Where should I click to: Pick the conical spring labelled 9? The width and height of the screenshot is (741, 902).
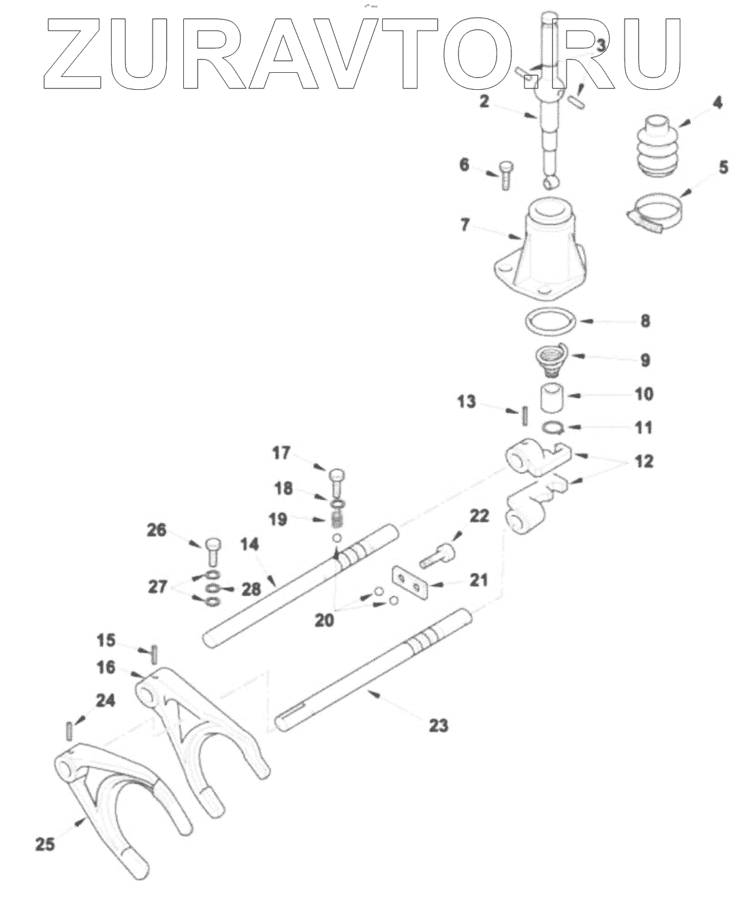(x=552, y=358)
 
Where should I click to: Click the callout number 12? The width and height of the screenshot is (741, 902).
(x=644, y=461)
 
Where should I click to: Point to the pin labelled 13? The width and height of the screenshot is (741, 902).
(x=524, y=414)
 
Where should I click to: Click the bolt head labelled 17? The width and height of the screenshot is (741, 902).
(x=338, y=473)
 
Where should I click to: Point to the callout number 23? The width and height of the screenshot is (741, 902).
(x=439, y=726)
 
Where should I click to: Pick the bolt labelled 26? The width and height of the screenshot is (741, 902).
(x=212, y=550)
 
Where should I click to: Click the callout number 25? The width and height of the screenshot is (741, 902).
(x=45, y=844)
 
